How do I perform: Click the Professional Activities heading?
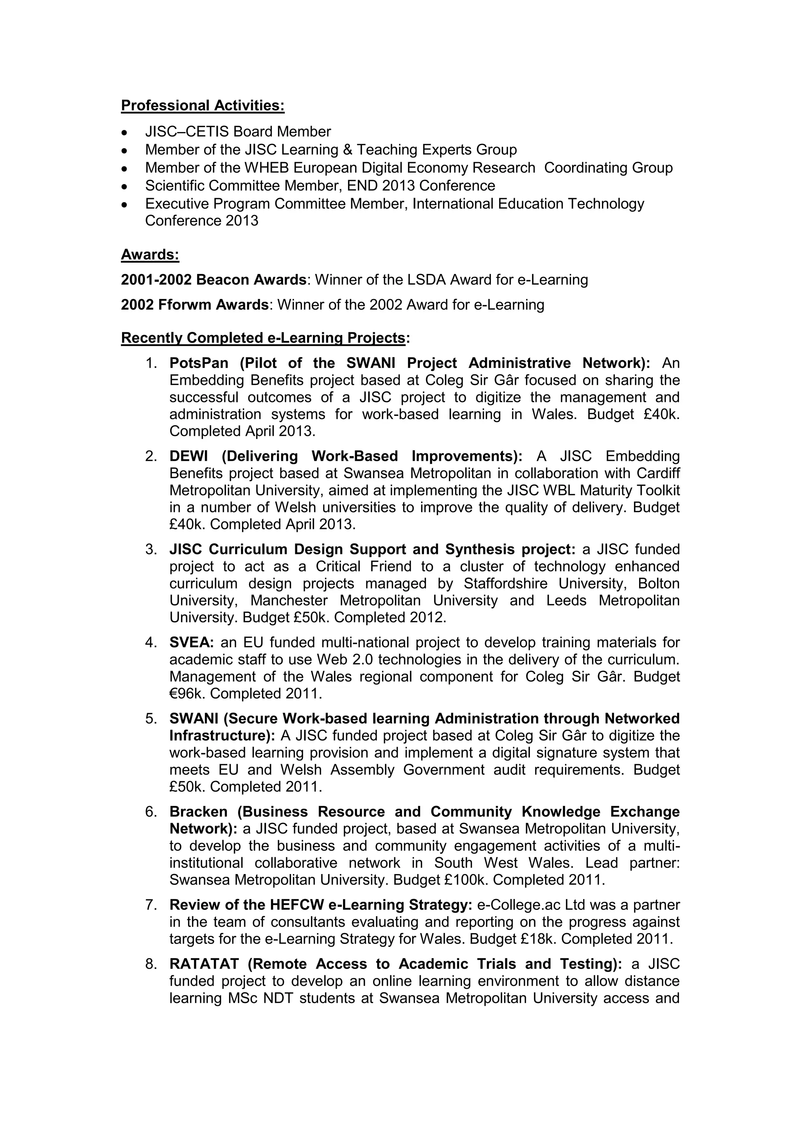[203, 106]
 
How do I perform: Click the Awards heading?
[150, 255]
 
